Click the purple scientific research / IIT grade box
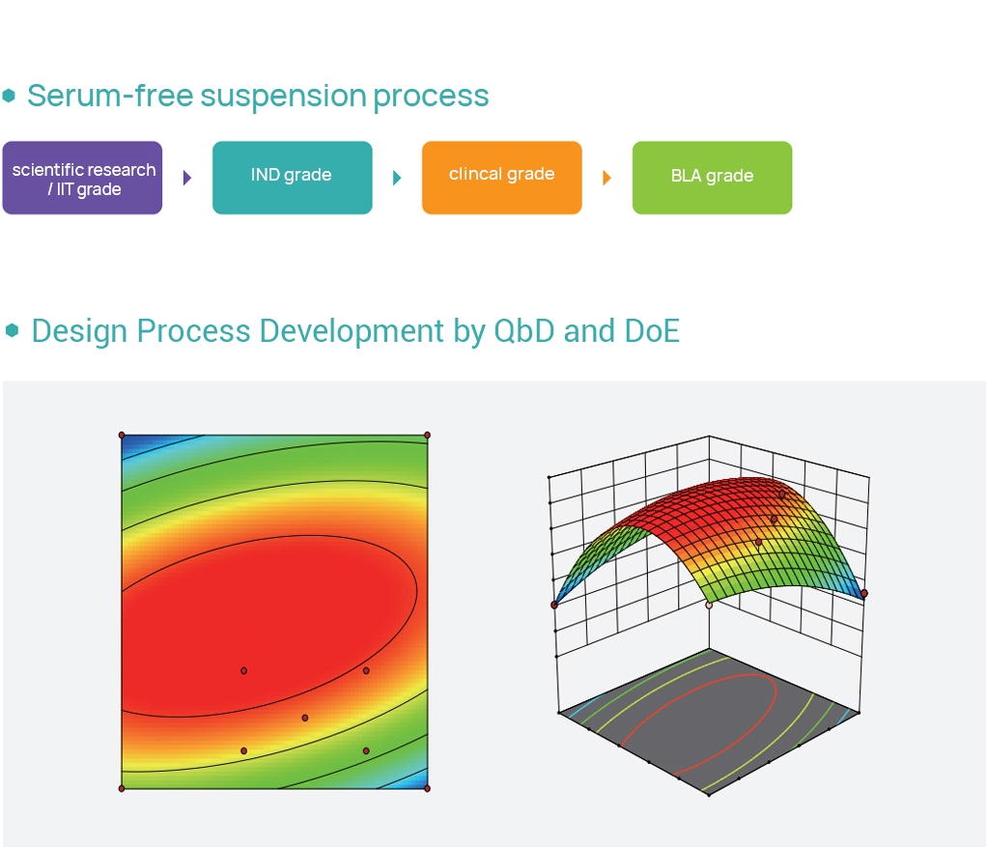pyautogui.click(x=82, y=178)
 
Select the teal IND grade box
pyautogui.click(x=292, y=178)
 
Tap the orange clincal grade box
pyautogui.click(x=501, y=178)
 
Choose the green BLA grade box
pyautogui.click(x=712, y=178)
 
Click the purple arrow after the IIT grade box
pyautogui.click(x=187, y=178)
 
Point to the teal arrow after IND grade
pyautogui.click(x=397, y=178)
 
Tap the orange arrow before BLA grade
pyautogui.click(x=606, y=178)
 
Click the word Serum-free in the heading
pyautogui.click(x=110, y=96)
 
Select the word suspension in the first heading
pyautogui.click(x=283, y=98)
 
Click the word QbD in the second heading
pyautogui.click(x=524, y=331)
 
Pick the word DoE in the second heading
pyautogui.click(x=652, y=331)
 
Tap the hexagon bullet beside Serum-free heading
pyautogui.click(x=9, y=96)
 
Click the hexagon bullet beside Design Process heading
pyautogui.click(x=12, y=330)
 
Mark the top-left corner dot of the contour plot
pyautogui.click(x=122, y=436)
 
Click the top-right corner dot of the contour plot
pyautogui.click(x=428, y=436)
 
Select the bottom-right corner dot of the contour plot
pyautogui.click(x=428, y=788)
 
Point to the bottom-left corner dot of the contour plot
pyautogui.click(x=122, y=788)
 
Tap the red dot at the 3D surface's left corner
pyautogui.click(x=554, y=605)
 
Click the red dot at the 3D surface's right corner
pyautogui.click(x=864, y=593)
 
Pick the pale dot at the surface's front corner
pyautogui.click(x=710, y=605)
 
